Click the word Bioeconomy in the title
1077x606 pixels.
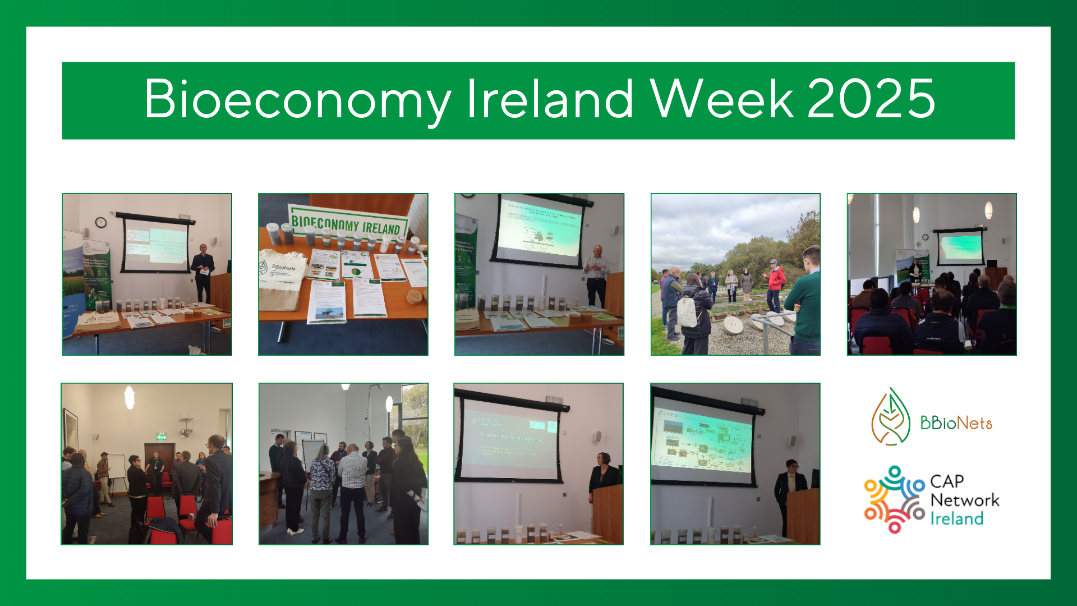297,99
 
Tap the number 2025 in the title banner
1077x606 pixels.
871,99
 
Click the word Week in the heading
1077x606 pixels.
721,99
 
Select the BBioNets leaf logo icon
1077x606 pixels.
890,417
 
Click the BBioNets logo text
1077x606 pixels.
956,423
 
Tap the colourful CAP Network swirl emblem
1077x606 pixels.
894,499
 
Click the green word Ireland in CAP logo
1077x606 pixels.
956,519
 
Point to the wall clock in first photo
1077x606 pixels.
101,222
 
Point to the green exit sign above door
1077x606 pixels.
161,436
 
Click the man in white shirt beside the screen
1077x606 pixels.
596,275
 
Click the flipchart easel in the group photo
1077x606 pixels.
116,469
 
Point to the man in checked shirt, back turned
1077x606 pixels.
352,488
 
